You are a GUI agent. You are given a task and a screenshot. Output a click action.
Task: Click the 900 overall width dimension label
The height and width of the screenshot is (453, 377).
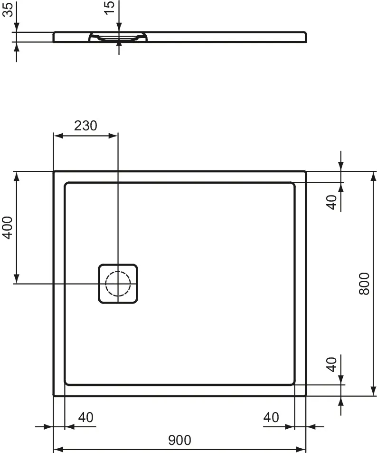click(179, 440)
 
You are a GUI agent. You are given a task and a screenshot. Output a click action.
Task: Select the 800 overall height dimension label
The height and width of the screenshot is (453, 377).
click(364, 283)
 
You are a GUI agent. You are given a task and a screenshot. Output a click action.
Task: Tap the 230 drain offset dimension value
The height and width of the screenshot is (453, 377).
click(85, 126)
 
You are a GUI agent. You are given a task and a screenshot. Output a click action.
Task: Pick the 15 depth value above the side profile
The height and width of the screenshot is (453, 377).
click(109, 8)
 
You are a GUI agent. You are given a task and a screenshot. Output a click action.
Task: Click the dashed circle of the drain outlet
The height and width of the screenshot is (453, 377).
click(117, 284)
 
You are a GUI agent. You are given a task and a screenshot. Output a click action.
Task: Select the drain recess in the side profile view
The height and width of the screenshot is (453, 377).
click(118, 37)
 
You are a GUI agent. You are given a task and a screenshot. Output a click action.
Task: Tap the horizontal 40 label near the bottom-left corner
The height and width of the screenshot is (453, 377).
click(85, 417)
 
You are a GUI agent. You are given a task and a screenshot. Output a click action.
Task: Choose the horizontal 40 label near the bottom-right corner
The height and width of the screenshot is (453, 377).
click(271, 417)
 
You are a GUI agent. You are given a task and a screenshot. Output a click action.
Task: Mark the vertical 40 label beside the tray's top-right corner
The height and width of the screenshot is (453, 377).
click(332, 202)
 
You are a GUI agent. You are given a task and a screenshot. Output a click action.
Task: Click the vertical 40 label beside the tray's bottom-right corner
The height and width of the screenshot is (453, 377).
click(332, 364)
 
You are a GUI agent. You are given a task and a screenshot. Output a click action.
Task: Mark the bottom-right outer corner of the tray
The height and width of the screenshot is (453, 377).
click(305, 395)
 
